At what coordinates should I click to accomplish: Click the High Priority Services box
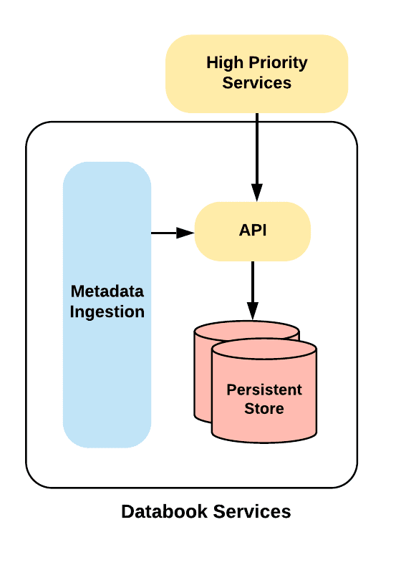click(x=256, y=74)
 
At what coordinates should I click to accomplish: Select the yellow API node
click(x=252, y=231)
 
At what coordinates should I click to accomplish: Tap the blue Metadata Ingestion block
click(x=107, y=305)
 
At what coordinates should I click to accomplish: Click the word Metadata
click(x=107, y=291)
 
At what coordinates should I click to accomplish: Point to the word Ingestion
click(x=107, y=312)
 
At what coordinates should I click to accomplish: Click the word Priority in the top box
click(x=278, y=63)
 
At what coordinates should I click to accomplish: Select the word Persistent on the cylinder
click(x=264, y=390)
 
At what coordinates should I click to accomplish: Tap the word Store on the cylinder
click(x=264, y=408)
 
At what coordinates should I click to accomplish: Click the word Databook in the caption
click(x=165, y=511)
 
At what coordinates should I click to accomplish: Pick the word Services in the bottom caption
click(x=252, y=511)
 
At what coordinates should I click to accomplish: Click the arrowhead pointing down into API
click(x=257, y=193)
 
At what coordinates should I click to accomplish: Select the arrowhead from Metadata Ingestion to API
click(x=185, y=233)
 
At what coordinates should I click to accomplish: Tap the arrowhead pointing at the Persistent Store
click(x=252, y=311)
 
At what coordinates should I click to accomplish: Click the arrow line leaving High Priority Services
click(x=257, y=158)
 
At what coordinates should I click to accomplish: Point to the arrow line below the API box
click(x=252, y=291)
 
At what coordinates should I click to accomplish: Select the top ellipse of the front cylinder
click(x=264, y=349)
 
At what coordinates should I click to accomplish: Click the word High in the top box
click(x=226, y=63)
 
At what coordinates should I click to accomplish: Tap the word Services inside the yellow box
click(x=257, y=83)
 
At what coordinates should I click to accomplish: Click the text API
click(x=253, y=231)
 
